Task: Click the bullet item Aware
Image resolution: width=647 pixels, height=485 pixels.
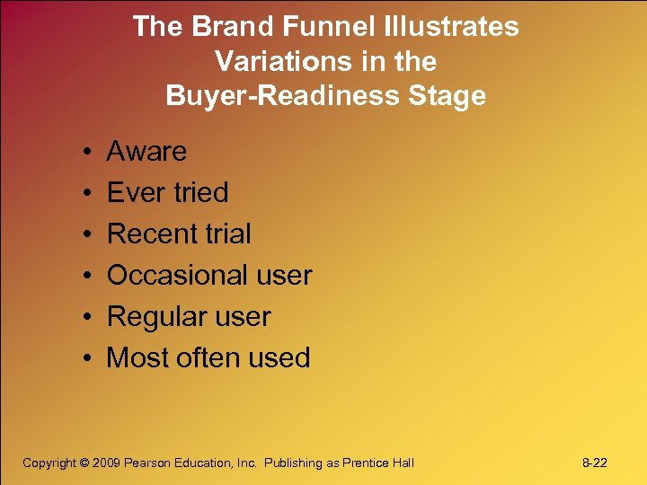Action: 146,151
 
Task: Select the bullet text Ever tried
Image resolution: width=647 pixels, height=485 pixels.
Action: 167,192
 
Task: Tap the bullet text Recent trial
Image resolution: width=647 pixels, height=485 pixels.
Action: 179,234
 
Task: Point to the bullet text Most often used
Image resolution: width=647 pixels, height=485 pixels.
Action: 208,357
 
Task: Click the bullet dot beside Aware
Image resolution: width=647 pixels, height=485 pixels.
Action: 82,152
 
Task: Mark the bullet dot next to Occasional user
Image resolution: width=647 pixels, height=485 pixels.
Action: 82,276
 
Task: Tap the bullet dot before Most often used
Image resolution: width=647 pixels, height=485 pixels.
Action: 82,358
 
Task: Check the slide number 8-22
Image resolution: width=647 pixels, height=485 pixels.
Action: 594,463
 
